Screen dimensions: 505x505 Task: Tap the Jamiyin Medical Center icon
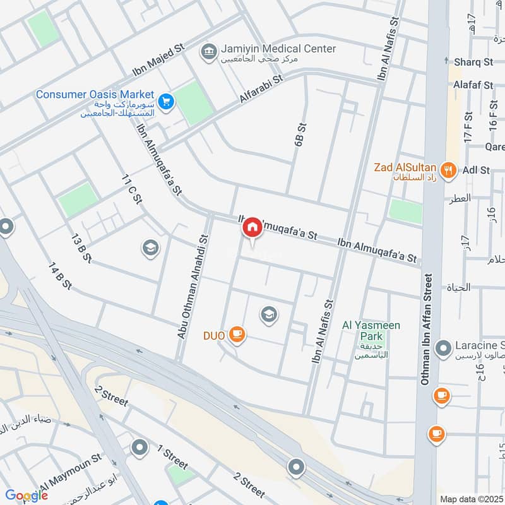point(209,50)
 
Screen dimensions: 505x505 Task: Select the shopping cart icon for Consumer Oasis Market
point(166,101)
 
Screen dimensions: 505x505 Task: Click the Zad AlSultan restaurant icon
point(449,169)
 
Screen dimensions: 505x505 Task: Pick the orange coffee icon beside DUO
point(237,335)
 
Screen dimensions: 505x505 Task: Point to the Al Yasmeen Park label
point(363,325)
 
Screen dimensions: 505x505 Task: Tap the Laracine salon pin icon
point(444,347)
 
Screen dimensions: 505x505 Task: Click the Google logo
point(27,496)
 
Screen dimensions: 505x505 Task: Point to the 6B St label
point(300,134)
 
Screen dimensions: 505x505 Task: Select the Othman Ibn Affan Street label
point(427,328)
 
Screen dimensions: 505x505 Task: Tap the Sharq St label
point(473,62)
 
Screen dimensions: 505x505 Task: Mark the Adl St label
point(476,170)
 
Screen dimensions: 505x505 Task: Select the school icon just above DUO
point(269,314)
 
